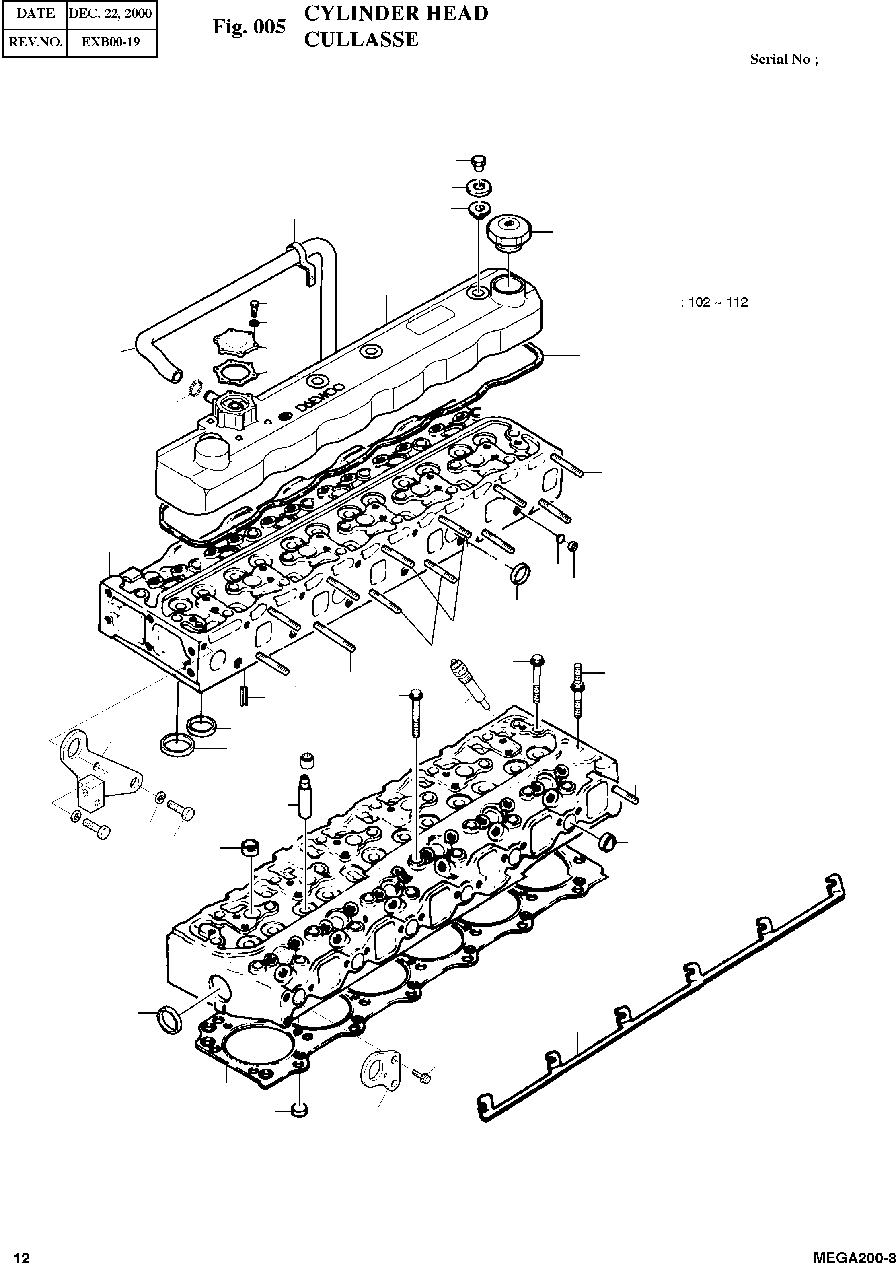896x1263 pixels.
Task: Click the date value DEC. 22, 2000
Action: click(110, 13)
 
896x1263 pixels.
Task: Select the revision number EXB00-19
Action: click(110, 41)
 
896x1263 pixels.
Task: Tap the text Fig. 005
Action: click(249, 27)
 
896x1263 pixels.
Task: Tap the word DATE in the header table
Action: click(35, 13)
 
